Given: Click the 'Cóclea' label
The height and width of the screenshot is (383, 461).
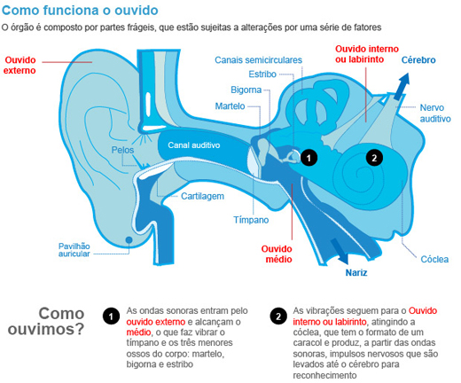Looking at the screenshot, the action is [x=434, y=259].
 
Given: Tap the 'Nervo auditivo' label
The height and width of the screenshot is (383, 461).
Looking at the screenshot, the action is [x=435, y=113].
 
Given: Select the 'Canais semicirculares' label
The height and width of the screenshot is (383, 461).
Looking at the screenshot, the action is [x=258, y=60].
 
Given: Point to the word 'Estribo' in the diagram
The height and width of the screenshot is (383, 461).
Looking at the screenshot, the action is [x=262, y=74].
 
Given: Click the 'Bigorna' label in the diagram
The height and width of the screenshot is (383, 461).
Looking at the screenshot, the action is [x=246, y=90].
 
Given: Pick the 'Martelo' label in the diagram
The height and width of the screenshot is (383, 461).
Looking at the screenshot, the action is [x=230, y=106].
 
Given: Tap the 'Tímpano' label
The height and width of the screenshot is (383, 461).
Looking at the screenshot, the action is [x=251, y=220].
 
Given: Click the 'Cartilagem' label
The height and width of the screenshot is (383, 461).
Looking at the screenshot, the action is [x=202, y=196].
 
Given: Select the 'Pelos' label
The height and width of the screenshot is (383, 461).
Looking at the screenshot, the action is [x=122, y=150].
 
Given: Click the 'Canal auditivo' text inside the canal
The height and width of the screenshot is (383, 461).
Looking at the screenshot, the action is [x=194, y=145].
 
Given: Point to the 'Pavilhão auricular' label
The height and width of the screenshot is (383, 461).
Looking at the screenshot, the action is [x=74, y=250].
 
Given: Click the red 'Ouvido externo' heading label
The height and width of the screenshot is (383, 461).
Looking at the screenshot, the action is [x=20, y=66].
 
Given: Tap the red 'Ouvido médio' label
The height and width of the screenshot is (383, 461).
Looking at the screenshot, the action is [x=277, y=254].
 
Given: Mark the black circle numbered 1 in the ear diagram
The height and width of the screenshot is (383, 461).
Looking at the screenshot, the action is [x=309, y=158].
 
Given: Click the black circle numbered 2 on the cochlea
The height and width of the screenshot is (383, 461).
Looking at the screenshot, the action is [x=374, y=158].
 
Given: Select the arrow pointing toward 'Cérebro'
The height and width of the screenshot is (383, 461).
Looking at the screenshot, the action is [x=402, y=86].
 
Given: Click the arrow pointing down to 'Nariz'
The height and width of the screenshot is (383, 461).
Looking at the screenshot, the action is [x=340, y=251].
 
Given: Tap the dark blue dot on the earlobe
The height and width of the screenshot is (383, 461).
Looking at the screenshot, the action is [x=129, y=239].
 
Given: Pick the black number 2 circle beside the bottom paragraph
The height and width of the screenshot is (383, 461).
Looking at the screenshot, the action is [x=278, y=317].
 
